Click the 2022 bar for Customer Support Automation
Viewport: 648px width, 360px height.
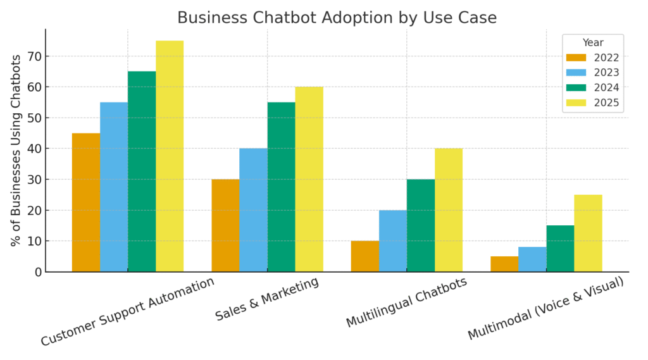coord(86,202)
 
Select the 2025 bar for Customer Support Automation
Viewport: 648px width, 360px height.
coord(170,156)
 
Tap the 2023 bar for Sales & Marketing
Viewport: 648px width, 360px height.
coord(253,210)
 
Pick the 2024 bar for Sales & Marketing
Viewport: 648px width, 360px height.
coord(281,187)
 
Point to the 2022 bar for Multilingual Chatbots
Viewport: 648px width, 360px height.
coord(365,256)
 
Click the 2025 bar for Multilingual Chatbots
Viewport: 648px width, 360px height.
coord(449,210)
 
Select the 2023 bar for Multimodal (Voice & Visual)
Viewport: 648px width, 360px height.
coord(532,259)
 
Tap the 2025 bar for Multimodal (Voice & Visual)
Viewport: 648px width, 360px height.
coord(588,233)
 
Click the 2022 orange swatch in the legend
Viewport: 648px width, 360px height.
coord(576,58)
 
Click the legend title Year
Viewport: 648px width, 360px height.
coord(593,43)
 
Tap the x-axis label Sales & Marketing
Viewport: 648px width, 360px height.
coord(267,299)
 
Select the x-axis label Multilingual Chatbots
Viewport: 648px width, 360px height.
coord(407,302)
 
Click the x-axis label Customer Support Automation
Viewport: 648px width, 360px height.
coord(128,312)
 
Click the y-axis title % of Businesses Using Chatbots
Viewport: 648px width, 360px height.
coord(16,150)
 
